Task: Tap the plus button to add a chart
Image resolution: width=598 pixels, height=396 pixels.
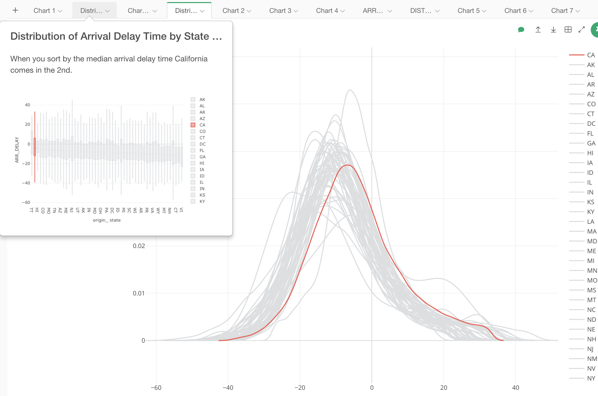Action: tap(15, 10)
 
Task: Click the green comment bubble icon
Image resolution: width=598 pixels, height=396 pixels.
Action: tap(521, 30)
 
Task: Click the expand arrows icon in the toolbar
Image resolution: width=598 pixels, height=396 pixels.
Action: tap(581, 30)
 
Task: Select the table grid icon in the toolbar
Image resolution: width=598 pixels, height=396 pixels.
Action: tap(568, 30)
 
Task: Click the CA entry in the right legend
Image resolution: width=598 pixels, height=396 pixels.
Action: tap(591, 55)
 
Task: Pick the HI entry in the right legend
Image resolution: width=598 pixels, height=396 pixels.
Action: tap(590, 153)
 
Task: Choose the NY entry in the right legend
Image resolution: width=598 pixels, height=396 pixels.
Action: tap(591, 378)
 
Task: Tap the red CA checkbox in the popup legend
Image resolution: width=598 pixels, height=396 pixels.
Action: tap(193, 125)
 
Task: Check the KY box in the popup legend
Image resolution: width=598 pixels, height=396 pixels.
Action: tap(193, 201)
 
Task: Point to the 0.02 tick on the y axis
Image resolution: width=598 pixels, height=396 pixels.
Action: tap(139, 246)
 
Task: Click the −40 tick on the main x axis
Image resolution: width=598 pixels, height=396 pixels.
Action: tap(228, 388)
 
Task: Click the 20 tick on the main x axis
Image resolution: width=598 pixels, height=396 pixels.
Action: tap(444, 388)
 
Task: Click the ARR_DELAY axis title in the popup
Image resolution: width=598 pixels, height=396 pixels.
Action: tap(17, 150)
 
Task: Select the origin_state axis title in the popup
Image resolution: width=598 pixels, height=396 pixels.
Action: tap(107, 220)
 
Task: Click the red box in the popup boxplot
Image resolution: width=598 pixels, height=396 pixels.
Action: tap(35, 147)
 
